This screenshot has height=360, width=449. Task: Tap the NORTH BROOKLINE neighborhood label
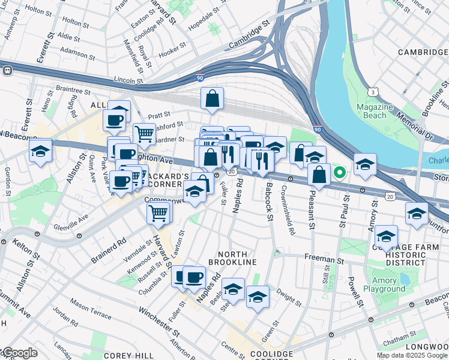(x=232, y=258)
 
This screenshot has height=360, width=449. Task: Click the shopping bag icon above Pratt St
(x=212, y=99)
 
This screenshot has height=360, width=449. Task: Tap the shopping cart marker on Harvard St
(x=159, y=212)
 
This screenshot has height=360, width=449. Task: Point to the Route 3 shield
(x=373, y=91)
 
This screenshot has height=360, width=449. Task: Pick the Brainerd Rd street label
(x=109, y=250)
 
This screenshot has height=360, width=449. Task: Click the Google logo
(x=19, y=353)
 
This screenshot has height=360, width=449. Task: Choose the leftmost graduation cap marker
(x=40, y=151)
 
